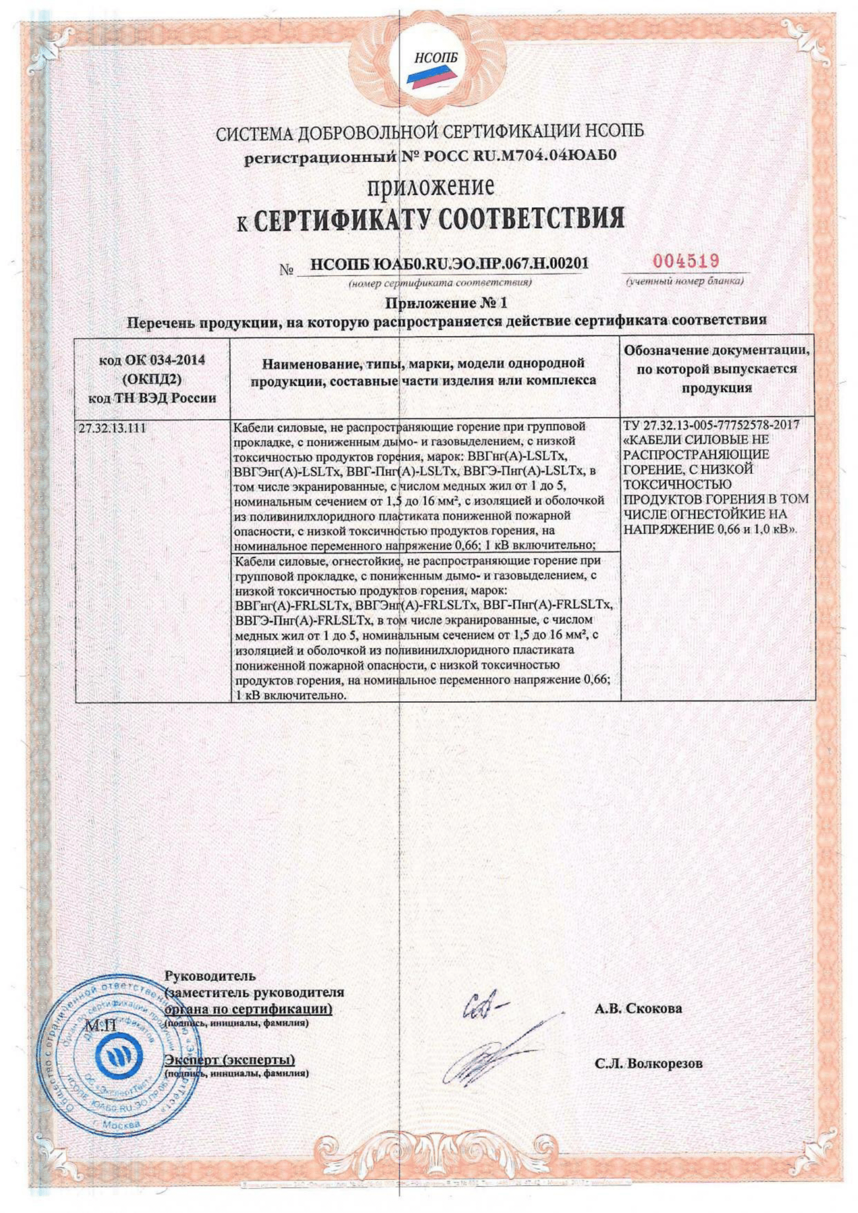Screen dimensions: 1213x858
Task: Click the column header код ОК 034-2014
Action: pyautogui.click(x=152, y=360)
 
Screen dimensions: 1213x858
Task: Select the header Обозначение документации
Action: pyautogui.click(x=716, y=350)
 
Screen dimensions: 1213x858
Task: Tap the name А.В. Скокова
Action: pyautogui.click(x=638, y=1009)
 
